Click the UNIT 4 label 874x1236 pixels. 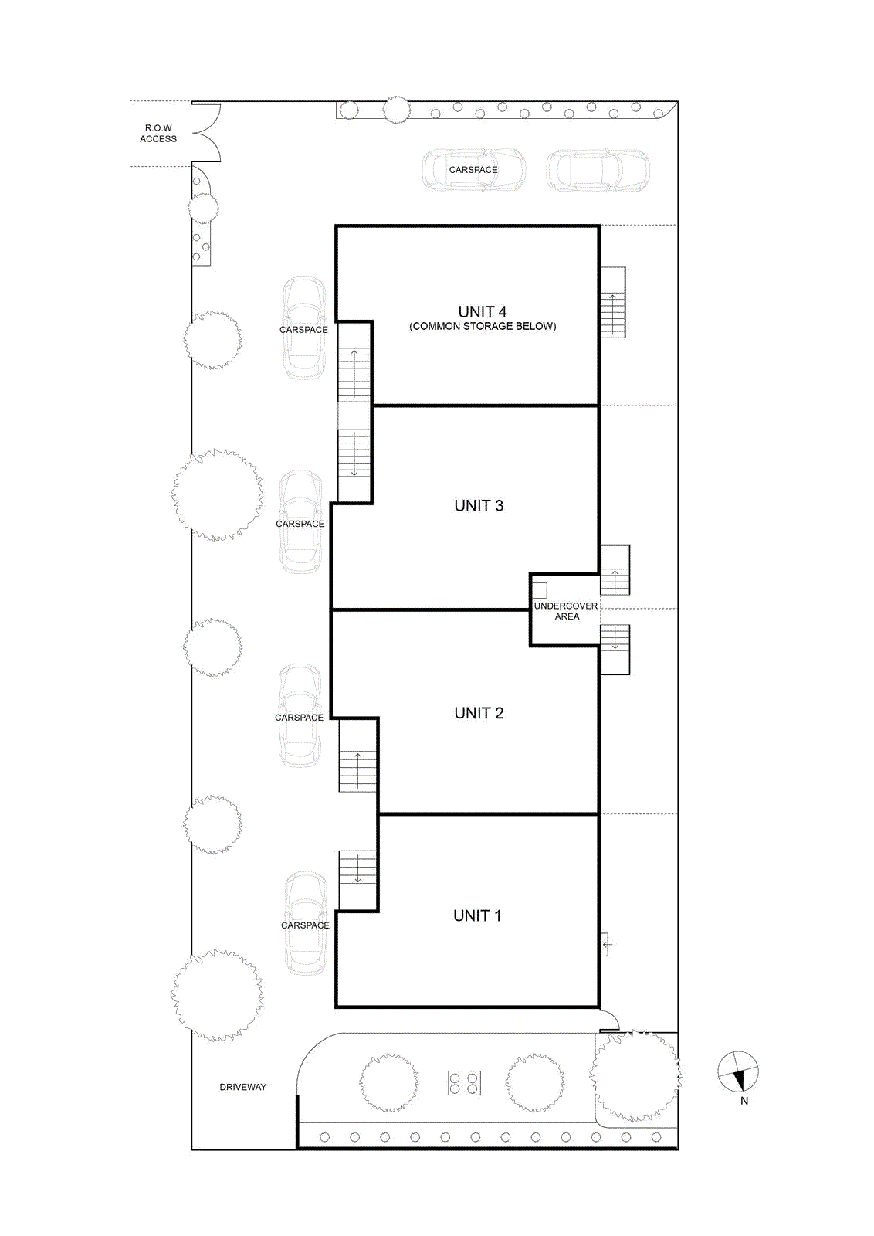pyautogui.click(x=482, y=312)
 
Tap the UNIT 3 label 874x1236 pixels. pyautogui.click(x=479, y=505)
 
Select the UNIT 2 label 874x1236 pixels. pyautogui.click(x=479, y=713)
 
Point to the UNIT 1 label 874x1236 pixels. pyautogui.click(x=477, y=915)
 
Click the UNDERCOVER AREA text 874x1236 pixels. pyautogui.click(x=566, y=611)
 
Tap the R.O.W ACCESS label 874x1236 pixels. pyautogui.click(x=158, y=134)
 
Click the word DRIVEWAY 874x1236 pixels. pyautogui.click(x=242, y=1087)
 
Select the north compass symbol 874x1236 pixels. pyautogui.click(x=738, y=1072)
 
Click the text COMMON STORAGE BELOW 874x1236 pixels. pyautogui.click(x=483, y=326)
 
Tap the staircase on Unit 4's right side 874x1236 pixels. pyautogui.click(x=612, y=302)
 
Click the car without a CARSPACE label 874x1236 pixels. pyautogui.click(x=598, y=171)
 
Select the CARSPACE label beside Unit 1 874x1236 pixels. pyautogui.click(x=305, y=925)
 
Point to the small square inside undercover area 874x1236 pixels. pyautogui.click(x=540, y=590)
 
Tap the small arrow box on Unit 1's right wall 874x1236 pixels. pyautogui.click(x=605, y=945)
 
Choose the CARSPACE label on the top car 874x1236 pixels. pyautogui.click(x=473, y=170)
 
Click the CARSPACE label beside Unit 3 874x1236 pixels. pyautogui.click(x=300, y=524)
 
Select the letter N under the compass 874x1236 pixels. pyautogui.click(x=744, y=1101)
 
